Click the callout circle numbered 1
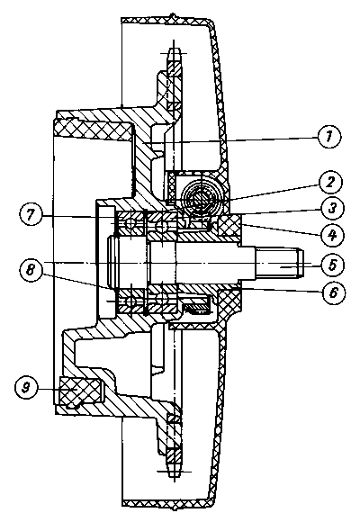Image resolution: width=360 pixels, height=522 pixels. [x=329, y=137]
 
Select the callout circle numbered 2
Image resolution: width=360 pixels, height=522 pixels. [x=329, y=183]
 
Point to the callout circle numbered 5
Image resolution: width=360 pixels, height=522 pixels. [x=333, y=265]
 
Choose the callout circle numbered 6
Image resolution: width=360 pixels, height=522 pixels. [x=333, y=292]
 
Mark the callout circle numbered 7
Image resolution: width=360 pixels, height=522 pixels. [x=31, y=215]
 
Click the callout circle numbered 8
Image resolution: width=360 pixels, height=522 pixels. [x=31, y=269]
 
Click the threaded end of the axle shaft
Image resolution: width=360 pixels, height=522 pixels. [x=280, y=263]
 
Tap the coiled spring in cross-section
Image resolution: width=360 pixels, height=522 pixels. [x=201, y=196]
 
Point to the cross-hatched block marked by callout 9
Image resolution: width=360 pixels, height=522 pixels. [x=80, y=390]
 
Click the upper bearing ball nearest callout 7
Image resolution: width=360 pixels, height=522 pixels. [x=130, y=224]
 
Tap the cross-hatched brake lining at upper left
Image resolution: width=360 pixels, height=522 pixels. [x=93, y=130]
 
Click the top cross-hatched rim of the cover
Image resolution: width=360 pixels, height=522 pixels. [x=166, y=21]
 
